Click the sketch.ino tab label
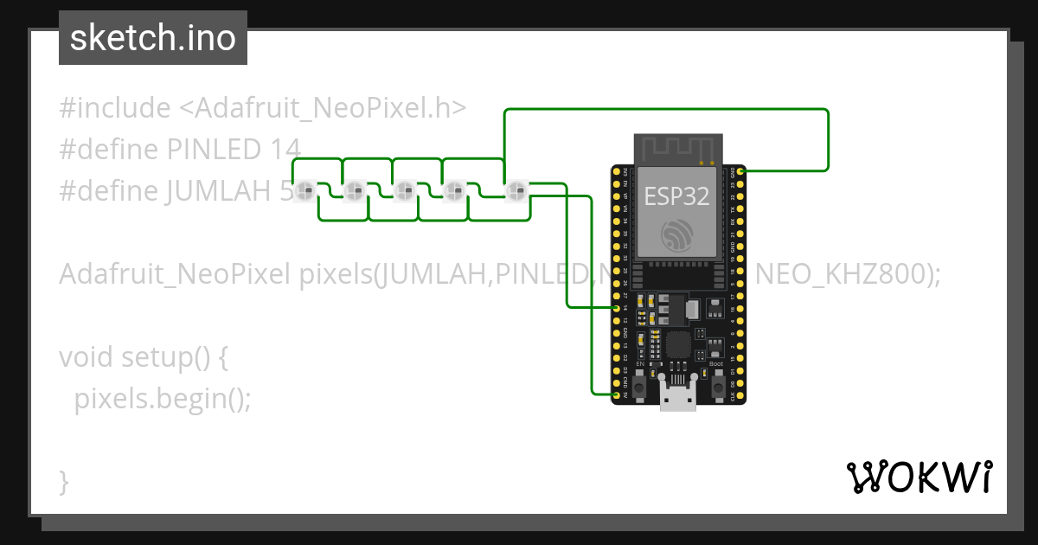[x=152, y=38]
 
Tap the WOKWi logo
[x=919, y=477]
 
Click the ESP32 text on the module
[x=676, y=196]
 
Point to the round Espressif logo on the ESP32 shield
[x=676, y=235]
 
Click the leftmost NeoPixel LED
[x=304, y=190]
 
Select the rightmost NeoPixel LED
[x=516, y=190]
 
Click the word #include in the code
[x=115, y=108]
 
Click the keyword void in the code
[x=86, y=356]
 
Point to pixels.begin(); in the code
[x=162, y=398]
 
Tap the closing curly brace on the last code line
[x=63, y=481]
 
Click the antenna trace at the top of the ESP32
[x=676, y=149]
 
